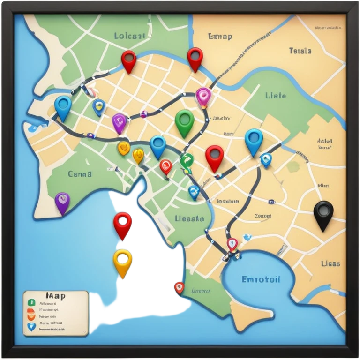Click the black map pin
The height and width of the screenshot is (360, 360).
pyautogui.click(x=323, y=213)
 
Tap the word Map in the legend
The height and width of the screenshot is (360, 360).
pyautogui.click(x=55, y=296)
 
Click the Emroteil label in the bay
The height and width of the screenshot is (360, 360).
pyautogui.click(x=261, y=279)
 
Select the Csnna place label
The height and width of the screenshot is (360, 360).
pyautogui.click(x=80, y=174)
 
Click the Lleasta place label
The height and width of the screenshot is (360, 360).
pyautogui.click(x=189, y=218)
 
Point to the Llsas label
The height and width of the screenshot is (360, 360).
pyautogui.click(x=330, y=263)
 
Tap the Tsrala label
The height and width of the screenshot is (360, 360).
pyautogui.click(x=300, y=51)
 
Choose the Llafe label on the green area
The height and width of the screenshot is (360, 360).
pyautogui.click(x=275, y=96)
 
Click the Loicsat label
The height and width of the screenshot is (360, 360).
pyautogui.click(x=130, y=36)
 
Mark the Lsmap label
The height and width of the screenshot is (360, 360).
pyautogui.click(x=219, y=37)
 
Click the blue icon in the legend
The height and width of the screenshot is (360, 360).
pyautogui.click(x=31, y=327)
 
